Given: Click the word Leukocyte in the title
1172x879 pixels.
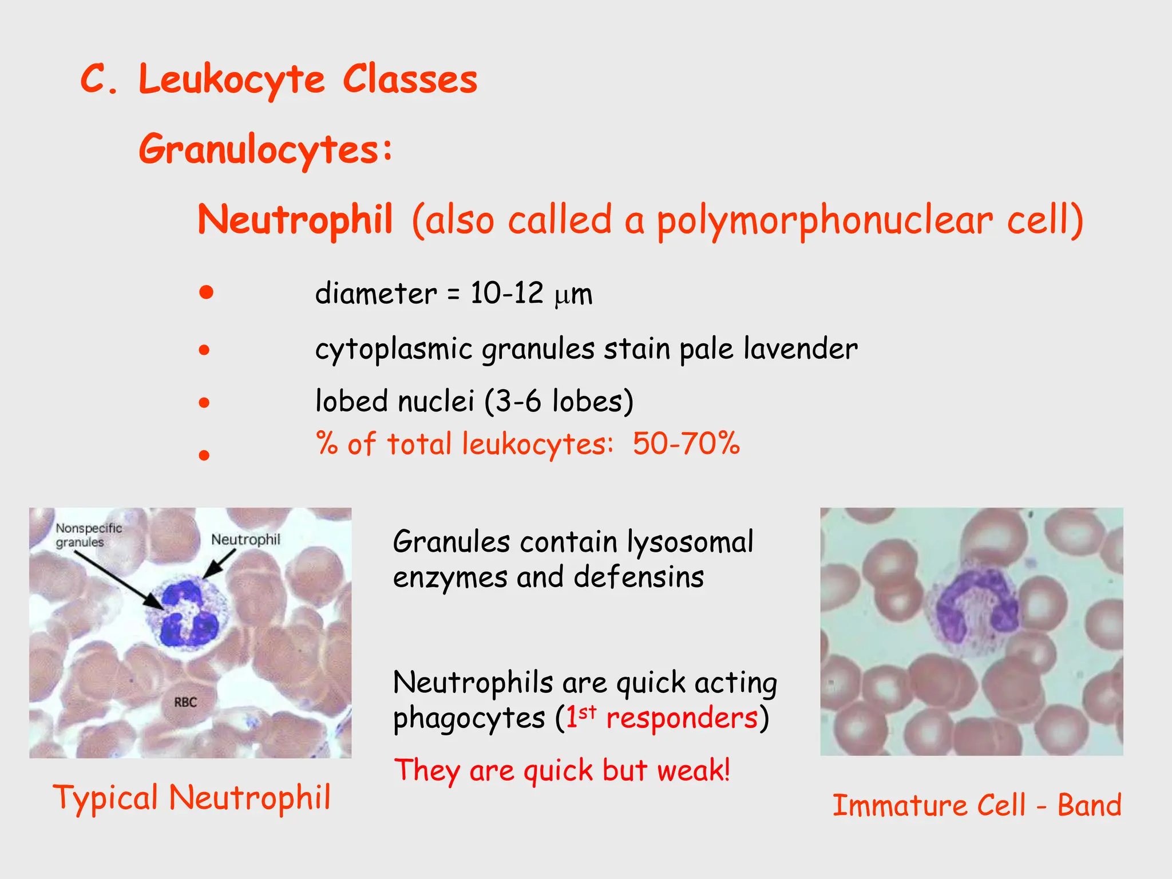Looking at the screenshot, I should [232, 80].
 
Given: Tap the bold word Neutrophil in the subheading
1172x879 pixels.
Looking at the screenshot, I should [295, 220].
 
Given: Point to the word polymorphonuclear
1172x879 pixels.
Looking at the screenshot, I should [824, 221].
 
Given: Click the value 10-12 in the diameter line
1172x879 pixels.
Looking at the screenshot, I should [506, 293].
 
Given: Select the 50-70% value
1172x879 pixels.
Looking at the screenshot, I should [686, 444].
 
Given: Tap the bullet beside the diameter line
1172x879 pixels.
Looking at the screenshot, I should [206, 293].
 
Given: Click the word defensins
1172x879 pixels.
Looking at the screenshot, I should [639, 577].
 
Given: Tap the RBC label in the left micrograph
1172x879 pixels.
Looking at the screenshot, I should [185, 702].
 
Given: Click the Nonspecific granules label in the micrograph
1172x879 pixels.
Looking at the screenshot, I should [89, 535].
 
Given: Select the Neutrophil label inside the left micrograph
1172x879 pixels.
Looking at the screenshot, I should [246, 540].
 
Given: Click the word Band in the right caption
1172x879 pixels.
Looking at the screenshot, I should [1089, 806].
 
